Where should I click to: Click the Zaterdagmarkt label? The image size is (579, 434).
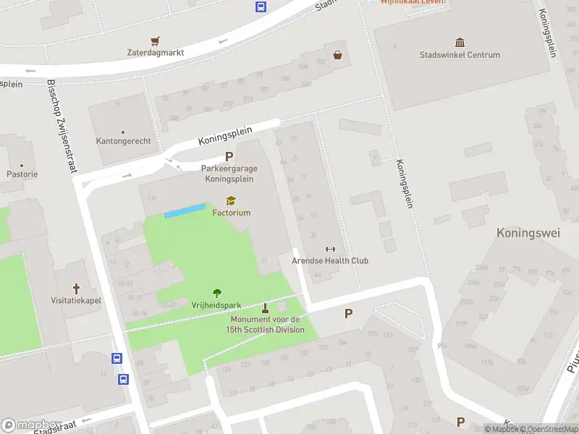pos(156,53)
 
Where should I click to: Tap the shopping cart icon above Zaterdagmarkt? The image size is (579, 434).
pos(155,41)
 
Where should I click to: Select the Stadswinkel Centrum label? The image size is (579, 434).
pos(460,55)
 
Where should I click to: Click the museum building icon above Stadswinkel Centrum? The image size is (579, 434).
pos(460,43)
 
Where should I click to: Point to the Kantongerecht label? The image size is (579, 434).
pos(123,141)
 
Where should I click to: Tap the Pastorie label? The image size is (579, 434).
pos(22,174)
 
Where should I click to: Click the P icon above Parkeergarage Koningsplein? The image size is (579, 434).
pos(229,156)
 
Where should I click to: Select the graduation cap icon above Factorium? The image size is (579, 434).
pos(231,201)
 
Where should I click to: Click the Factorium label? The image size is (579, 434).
pos(232,213)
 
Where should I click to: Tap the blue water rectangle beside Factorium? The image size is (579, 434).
pos(185,210)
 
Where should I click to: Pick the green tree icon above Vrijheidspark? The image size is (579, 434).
pos(216,293)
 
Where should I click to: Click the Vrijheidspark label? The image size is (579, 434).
pos(216,305)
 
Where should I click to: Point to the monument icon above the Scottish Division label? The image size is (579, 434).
pos(265,307)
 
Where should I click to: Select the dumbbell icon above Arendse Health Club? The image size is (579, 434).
pos(331,249)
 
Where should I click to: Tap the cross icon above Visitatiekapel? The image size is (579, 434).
pos(76,289)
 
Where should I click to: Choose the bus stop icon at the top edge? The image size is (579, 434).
pos(261,7)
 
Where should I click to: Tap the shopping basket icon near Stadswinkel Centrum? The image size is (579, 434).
pos(337,54)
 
